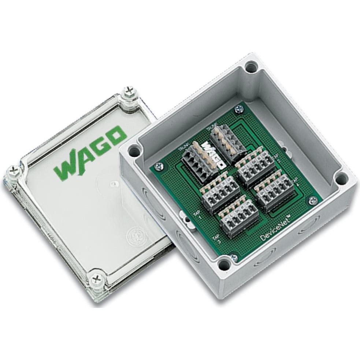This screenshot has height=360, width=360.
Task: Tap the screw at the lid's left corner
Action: tap(14, 170)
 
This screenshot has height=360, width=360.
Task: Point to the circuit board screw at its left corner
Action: tap(159, 166)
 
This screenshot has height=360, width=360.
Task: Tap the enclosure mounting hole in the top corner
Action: tap(251, 67)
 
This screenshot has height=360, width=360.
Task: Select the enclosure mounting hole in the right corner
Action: tap(341, 179)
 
